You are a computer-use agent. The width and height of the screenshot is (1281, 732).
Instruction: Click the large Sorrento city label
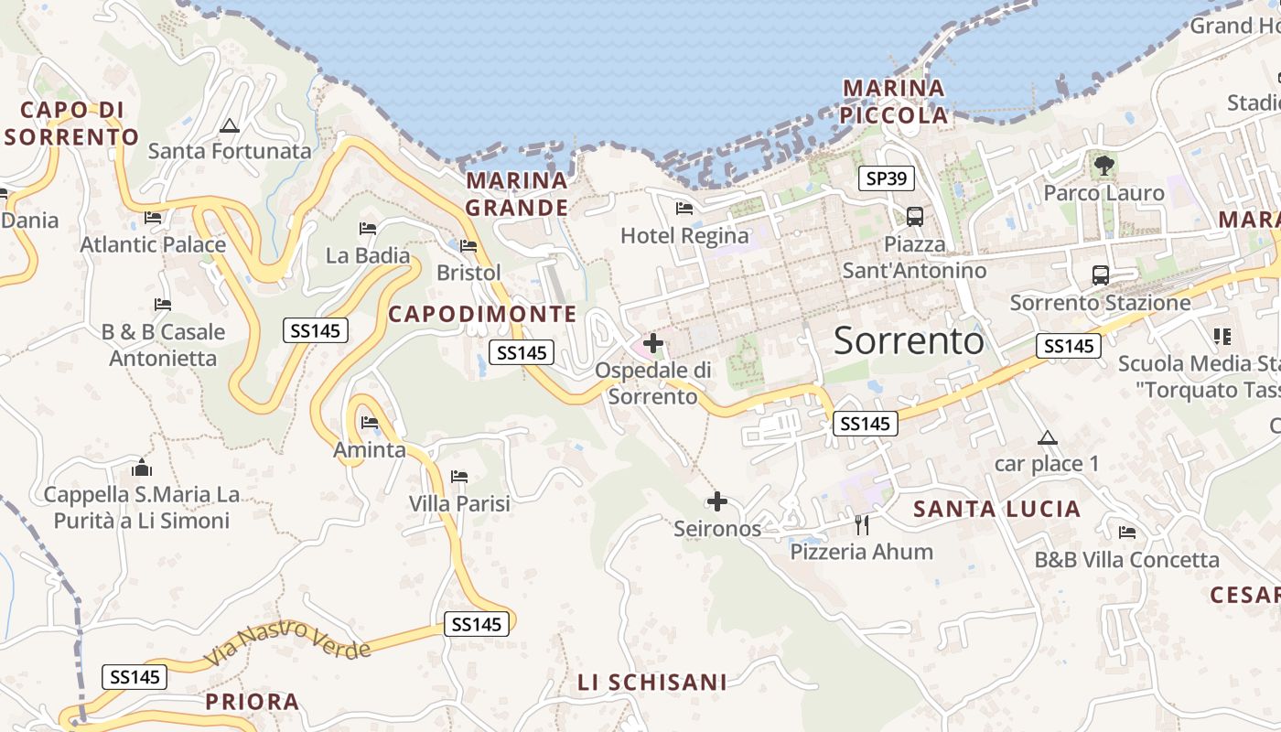[909, 340]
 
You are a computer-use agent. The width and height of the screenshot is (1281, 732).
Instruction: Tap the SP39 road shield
[887, 178]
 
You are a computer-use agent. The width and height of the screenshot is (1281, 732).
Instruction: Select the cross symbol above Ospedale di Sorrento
[653, 343]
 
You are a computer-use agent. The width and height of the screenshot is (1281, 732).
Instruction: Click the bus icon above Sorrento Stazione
[1100, 274]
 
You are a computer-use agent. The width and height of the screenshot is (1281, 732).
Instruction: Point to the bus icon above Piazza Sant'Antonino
[914, 217]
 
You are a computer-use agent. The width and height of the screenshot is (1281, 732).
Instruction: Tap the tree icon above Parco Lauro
[1103, 166]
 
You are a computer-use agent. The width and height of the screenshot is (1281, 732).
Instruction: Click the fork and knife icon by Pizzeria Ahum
[861, 524]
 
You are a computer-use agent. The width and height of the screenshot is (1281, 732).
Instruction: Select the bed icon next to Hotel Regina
[684, 209]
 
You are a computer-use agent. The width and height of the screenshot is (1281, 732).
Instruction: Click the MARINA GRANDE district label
[517, 193]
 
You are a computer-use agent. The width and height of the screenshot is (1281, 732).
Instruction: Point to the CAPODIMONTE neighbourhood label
[482, 314]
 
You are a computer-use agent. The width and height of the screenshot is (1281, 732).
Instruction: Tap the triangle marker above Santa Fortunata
[229, 125]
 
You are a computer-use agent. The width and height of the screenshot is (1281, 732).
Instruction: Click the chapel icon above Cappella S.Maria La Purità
[142, 468]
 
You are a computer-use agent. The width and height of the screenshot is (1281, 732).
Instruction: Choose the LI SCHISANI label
[652, 682]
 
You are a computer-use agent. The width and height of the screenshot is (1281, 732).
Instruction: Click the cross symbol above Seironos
[717, 501]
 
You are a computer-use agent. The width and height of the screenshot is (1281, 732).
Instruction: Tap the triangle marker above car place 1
[1048, 437]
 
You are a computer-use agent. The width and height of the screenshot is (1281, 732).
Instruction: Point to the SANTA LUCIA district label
[996, 509]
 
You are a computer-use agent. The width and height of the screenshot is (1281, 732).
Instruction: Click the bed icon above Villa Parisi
[459, 477]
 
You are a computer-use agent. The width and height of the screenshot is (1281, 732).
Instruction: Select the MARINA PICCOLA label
[894, 102]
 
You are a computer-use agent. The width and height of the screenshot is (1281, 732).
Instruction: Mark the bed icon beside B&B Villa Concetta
[1127, 533]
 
